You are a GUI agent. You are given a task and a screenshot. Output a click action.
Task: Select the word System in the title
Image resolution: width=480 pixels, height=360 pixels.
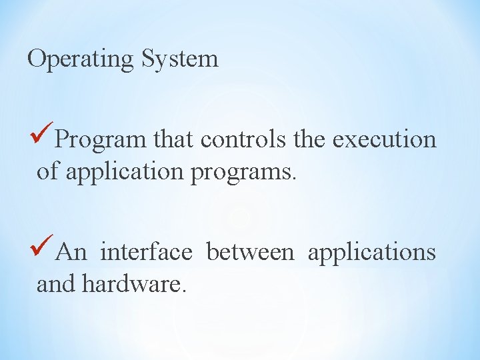(x=180, y=59)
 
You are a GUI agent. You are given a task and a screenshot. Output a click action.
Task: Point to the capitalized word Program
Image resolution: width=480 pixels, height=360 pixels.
(x=101, y=140)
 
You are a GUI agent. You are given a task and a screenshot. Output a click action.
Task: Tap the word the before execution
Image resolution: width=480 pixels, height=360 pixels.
(x=309, y=139)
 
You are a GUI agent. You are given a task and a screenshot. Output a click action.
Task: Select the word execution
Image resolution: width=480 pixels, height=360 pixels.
(x=384, y=139)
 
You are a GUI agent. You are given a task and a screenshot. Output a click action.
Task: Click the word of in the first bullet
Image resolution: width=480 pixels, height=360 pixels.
(x=47, y=171)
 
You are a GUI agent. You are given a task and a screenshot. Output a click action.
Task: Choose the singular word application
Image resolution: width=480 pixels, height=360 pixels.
(x=123, y=173)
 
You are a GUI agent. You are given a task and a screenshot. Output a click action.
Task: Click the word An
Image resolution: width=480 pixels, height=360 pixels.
(x=71, y=253)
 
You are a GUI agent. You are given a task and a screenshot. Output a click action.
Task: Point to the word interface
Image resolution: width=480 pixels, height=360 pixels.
(x=146, y=253)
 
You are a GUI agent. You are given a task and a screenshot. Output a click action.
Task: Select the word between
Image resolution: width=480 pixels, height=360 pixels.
(x=249, y=253)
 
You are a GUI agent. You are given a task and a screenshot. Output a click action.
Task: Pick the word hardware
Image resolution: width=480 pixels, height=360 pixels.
(x=129, y=285)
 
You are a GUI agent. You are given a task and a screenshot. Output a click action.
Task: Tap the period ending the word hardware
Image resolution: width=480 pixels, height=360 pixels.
(x=181, y=291)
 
